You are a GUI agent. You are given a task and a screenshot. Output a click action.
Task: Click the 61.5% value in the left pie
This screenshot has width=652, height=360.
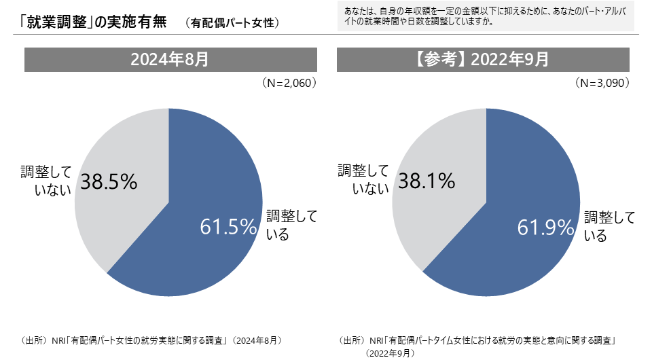(228, 227)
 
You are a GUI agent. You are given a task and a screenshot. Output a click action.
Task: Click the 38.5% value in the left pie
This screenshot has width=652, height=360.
(109, 181)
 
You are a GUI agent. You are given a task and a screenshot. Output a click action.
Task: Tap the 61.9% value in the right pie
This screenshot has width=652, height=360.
(546, 227)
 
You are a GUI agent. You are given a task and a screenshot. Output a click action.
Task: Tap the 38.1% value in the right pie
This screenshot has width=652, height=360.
(427, 181)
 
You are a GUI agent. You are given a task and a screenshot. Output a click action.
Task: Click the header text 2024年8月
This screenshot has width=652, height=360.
(170, 59)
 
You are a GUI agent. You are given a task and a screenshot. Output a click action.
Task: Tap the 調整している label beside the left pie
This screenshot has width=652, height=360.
(291, 226)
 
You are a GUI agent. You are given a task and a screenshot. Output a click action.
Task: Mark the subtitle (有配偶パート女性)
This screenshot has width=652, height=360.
(232, 23)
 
